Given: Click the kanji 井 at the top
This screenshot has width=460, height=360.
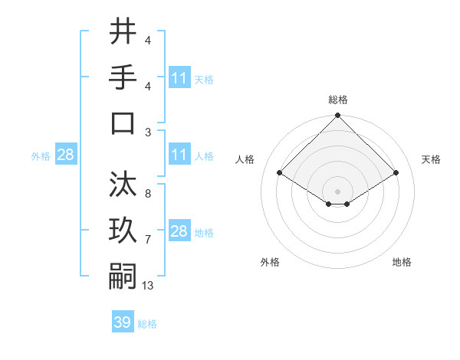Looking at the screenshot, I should (x=123, y=32).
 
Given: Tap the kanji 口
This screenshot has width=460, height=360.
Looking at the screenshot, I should (x=123, y=123).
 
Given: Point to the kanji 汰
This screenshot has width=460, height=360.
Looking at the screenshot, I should (x=123, y=185).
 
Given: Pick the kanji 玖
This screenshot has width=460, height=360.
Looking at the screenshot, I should (x=123, y=231).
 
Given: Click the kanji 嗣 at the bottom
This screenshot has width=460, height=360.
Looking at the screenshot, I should (x=123, y=276).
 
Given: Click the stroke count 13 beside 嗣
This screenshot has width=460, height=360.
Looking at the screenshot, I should (x=148, y=286).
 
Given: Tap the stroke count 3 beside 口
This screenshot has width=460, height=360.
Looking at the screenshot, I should (x=147, y=133).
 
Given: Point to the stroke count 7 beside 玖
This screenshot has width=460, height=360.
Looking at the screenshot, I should (x=147, y=240).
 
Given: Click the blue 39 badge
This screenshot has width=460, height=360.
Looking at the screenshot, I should (x=123, y=322).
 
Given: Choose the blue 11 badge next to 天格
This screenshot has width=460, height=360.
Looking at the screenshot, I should (x=179, y=77).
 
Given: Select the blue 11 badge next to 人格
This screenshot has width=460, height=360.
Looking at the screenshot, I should (x=179, y=155).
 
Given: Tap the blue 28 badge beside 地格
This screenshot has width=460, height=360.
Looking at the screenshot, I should (x=179, y=231).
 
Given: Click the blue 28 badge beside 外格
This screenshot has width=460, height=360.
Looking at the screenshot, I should (x=65, y=155).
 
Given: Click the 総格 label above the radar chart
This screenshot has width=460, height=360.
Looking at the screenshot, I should (x=337, y=100).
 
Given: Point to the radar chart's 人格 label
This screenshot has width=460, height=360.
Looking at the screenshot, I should (x=245, y=159).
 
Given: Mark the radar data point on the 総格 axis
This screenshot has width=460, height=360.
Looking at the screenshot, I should (x=337, y=116).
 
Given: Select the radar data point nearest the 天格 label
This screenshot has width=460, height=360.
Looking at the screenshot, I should (x=396, y=173).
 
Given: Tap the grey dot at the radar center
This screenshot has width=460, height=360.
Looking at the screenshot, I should (x=337, y=191).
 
